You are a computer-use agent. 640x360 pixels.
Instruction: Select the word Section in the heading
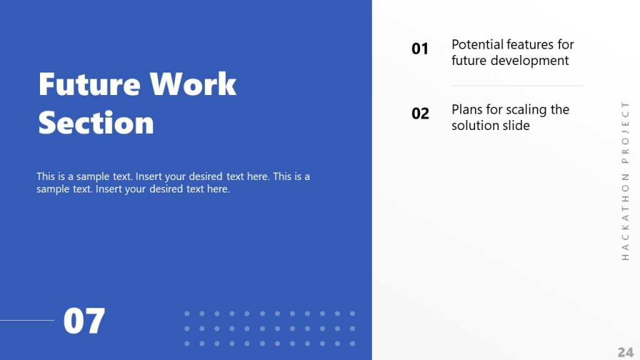point(96,122)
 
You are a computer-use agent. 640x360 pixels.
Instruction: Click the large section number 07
point(84,321)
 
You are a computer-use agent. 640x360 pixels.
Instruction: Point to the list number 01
point(420,49)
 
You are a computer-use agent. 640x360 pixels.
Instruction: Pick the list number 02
point(420,114)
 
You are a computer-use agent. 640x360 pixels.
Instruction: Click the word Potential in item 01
point(477,44)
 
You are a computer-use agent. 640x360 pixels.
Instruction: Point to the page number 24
point(625,352)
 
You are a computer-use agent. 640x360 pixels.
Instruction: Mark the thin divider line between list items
point(517,86)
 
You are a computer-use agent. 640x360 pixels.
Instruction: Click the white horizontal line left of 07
point(27,321)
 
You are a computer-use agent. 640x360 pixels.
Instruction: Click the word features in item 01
point(530,44)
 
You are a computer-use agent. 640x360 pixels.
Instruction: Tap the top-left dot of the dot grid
point(187,313)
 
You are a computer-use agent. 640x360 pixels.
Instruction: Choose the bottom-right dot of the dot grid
point(352,343)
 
